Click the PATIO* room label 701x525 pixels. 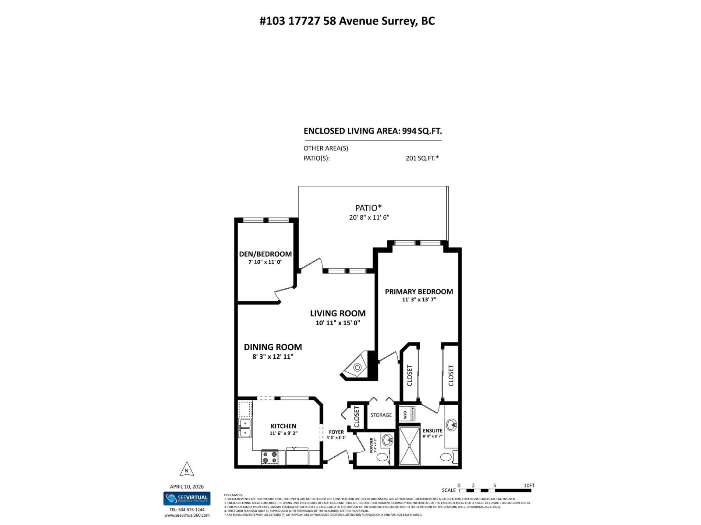pos(368,207)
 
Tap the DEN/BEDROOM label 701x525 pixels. pos(265,254)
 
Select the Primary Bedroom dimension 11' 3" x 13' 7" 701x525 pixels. pos(419,300)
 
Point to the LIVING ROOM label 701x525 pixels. pos(337,313)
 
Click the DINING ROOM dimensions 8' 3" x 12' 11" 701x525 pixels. pos(273,357)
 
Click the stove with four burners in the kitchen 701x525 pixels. pos(270,457)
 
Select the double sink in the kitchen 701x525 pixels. pos(245,427)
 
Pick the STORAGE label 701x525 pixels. pos(381,415)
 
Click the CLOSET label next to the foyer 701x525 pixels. pos(357,416)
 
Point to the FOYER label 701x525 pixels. pos(336,432)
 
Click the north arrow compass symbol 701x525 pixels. pos(187,469)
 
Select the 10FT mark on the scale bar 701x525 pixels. pos(529,486)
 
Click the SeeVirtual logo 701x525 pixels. pos(187,498)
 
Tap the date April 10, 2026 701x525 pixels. pos(187,486)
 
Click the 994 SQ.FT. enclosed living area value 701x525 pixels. pos(422,131)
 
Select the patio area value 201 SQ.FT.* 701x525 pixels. pos(422,158)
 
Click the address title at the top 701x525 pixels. pos(347,21)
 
